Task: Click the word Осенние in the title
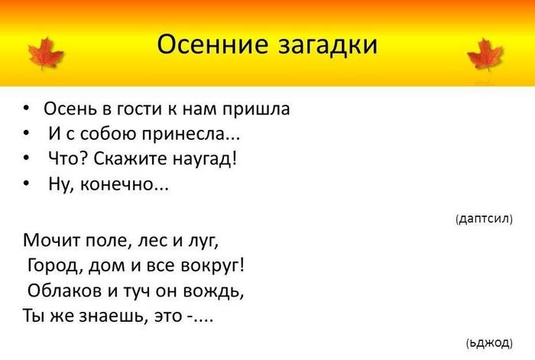[212, 44]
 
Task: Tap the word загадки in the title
[328, 45]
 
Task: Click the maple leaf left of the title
[46, 54]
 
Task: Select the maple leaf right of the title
[485, 54]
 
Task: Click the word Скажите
[131, 159]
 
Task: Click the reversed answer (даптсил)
[484, 219]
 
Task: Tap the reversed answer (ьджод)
[489, 342]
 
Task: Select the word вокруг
[212, 266]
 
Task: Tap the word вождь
[213, 291]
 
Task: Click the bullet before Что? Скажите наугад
[26, 159]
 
